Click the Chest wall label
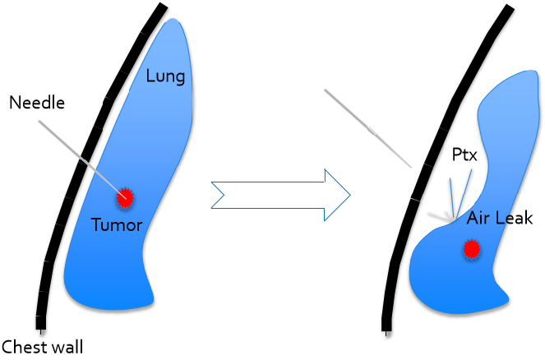(42, 346)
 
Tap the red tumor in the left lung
(125, 197)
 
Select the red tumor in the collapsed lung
(471, 247)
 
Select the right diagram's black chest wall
(427, 164)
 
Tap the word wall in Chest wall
(65, 346)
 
